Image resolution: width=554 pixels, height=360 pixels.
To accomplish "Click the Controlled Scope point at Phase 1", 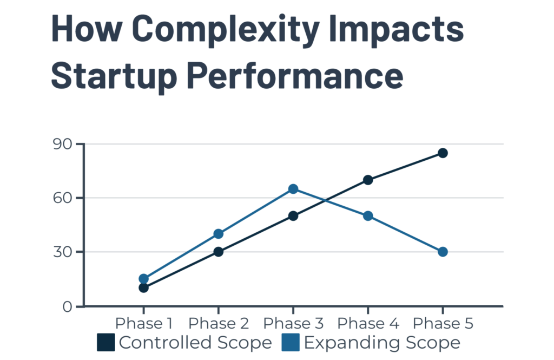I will coord(143,287).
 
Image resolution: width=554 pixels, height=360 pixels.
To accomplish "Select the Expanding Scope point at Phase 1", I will coord(143,279).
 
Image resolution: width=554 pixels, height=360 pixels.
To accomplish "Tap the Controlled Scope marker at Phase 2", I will coord(218,252).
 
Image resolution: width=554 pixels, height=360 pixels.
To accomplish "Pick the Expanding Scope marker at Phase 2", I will coord(218,234).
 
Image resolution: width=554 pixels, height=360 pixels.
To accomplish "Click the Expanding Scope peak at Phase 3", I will coord(293,189).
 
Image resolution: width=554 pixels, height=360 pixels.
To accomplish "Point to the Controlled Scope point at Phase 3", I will coord(293,216).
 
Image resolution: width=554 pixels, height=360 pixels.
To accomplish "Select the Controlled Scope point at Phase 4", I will coord(368,180).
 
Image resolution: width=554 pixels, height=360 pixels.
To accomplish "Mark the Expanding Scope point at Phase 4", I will coord(368,216).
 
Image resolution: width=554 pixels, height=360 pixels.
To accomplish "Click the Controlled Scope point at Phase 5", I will coord(443,153).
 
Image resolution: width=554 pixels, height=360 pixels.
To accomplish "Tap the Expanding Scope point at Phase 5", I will coord(443,252).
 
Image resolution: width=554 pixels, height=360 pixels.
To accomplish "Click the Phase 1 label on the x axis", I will coord(143,324).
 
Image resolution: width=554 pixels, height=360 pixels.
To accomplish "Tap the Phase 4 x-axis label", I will coord(368,324).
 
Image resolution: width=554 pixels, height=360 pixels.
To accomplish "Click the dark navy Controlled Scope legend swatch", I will coord(106,343).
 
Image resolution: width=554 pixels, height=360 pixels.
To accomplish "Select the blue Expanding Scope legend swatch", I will coord(291,343).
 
